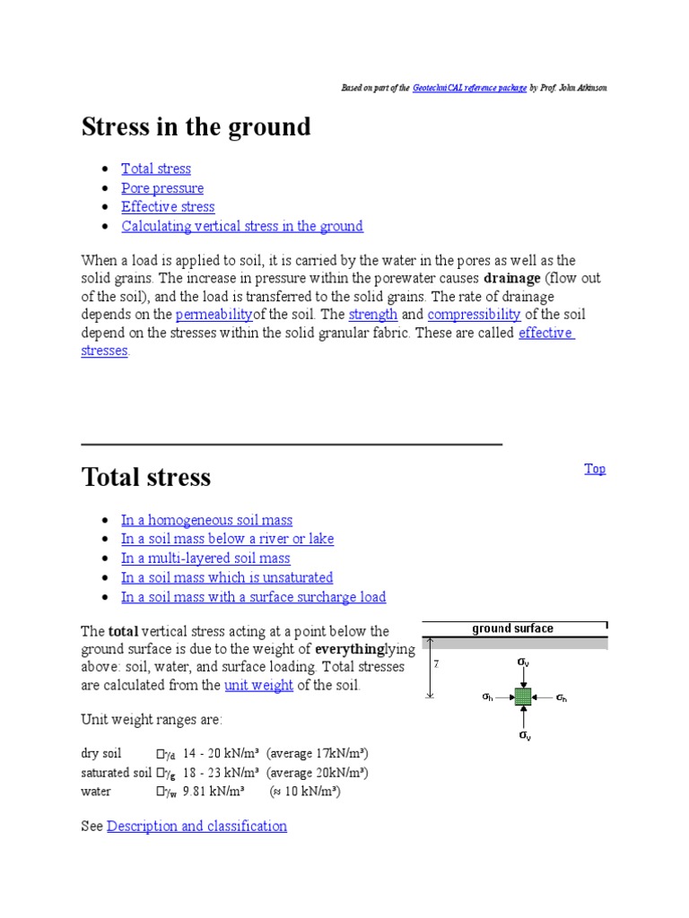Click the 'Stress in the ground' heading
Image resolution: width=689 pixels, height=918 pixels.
(196, 127)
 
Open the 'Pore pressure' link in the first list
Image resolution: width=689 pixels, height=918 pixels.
(162, 188)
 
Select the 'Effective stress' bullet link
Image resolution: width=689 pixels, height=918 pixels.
(168, 207)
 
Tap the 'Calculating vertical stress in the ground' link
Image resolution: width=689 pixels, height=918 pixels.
(242, 226)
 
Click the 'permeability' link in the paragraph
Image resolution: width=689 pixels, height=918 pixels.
(214, 315)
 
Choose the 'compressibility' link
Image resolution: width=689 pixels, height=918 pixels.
(474, 315)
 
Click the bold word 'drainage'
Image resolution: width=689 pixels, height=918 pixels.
(510, 278)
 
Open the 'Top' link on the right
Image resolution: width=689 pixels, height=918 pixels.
(595, 469)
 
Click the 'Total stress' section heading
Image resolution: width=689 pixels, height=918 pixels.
(146, 477)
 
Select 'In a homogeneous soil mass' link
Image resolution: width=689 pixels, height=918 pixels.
(206, 520)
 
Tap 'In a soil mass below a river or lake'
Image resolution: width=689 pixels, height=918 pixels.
(227, 539)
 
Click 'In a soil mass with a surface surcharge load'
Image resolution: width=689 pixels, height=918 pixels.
(253, 597)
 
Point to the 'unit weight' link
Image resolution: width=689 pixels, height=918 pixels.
(258, 686)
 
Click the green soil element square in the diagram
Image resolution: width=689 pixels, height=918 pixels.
(523, 697)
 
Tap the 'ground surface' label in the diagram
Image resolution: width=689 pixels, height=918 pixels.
(512, 628)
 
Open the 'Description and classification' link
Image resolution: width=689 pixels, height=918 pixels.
(196, 827)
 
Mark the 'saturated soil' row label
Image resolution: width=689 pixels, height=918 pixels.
(116, 773)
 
